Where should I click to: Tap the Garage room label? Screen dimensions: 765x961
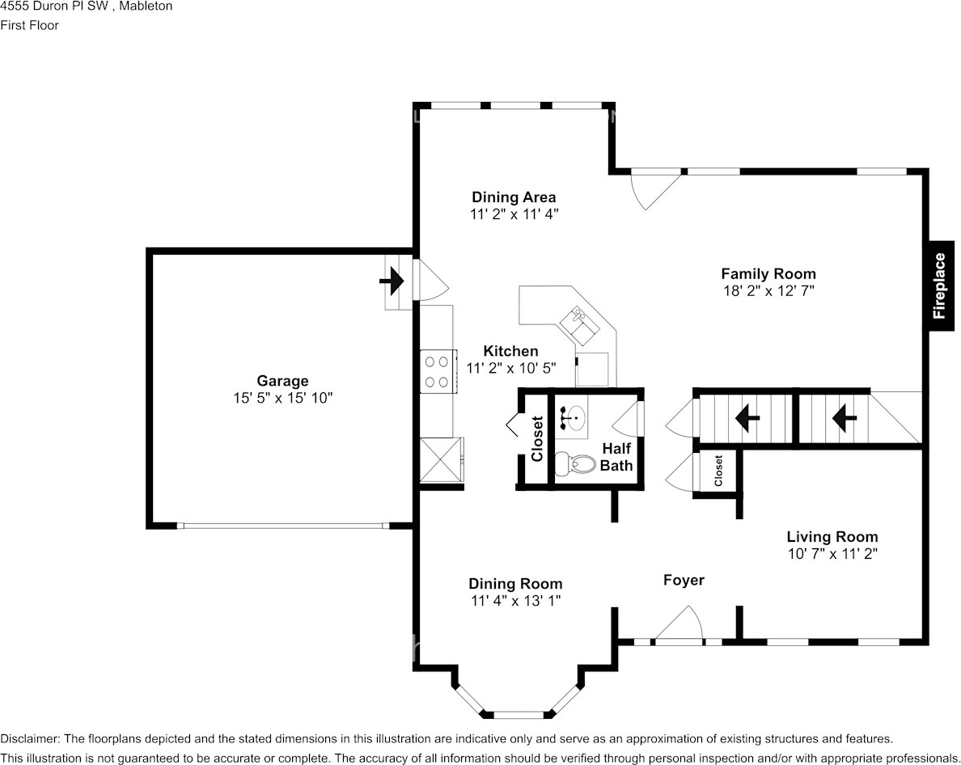point(282,381)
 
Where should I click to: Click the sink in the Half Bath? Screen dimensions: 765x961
point(572,417)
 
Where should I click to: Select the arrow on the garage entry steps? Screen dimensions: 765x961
point(392,282)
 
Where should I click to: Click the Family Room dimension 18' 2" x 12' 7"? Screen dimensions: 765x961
point(768,290)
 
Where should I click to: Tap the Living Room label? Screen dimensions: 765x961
point(832,536)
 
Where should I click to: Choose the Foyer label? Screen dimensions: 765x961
point(684,580)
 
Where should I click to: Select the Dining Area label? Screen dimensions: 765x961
point(514,197)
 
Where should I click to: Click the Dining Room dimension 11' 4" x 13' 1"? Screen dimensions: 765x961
point(515,600)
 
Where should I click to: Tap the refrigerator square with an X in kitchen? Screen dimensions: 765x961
point(441,460)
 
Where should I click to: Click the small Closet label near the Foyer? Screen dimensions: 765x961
point(718,471)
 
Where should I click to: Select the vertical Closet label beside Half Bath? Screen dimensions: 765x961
point(537,439)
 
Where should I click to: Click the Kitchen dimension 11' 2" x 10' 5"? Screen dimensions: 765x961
point(510,368)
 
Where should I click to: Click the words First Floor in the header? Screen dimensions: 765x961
point(29,25)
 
